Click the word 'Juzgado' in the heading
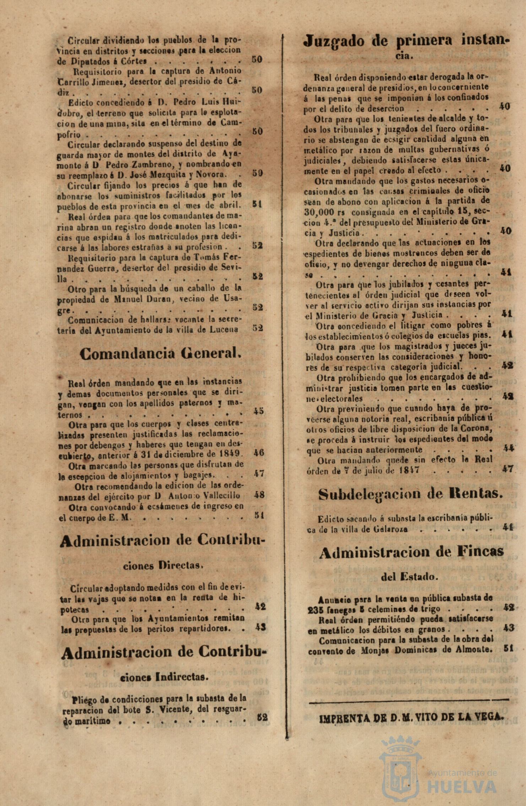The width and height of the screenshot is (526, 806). tap(334, 42)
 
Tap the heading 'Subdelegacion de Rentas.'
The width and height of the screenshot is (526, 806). tap(410, 494)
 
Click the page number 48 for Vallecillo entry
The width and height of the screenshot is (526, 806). tap(259, 495)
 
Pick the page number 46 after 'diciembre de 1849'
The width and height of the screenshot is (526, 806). tap(259, 453)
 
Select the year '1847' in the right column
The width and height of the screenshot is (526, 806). tap(408, 470)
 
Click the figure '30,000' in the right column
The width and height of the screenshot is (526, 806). tap(319, 212)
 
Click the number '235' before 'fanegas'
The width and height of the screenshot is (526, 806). tap(316, 609)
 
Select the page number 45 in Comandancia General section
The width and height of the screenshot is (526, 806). tap(259, 411)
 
